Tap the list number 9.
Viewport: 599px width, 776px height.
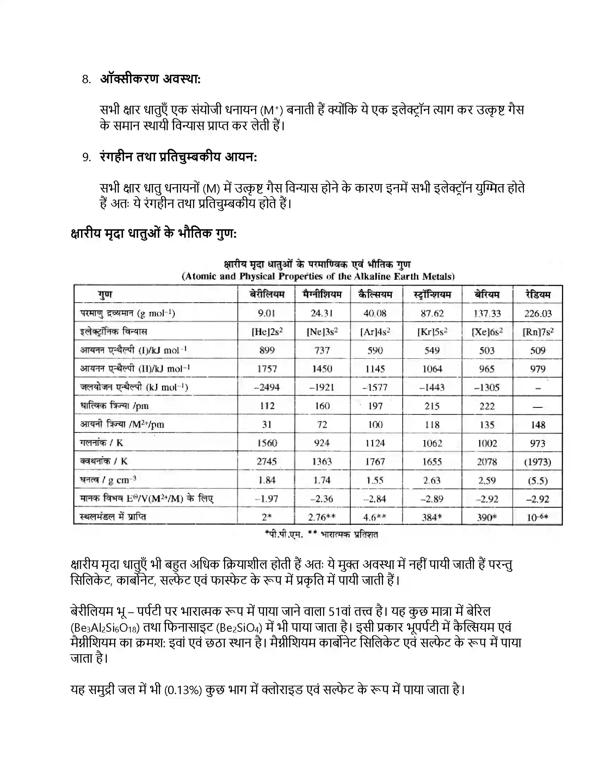click(x=86, y=157)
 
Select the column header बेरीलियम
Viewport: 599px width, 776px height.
click(x=267, y=295)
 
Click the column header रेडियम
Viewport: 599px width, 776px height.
click(x=538, y=295)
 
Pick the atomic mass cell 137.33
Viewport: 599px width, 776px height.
click(x=487, y=313)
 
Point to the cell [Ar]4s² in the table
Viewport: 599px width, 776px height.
click(x=375, y=332)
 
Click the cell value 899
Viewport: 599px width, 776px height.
click(x=267, y=350)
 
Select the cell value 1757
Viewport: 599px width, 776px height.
click(x=267, y=369)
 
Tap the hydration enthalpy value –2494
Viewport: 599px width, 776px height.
click(x=267, y=387)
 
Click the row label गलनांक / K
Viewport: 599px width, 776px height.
click(x=101, y=443)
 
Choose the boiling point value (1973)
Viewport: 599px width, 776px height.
click(x=538, y=462)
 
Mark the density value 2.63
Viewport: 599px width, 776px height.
click(x=432, y=480)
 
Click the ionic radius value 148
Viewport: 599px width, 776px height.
click(x=538, y=425)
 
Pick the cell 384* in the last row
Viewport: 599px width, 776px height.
click(x=432, y=517)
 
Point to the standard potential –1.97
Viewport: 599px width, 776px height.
click(x=267, y=499)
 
